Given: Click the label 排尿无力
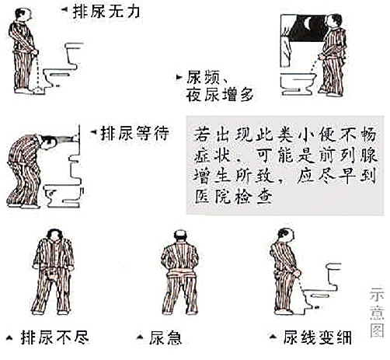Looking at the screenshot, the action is (106, 12).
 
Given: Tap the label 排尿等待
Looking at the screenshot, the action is (134, 133).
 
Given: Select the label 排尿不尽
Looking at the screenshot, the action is (54, 337).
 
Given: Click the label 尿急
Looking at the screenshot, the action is (165, 337).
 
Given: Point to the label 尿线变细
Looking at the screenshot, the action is (317, 337).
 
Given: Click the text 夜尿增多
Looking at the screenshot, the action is (220, 95).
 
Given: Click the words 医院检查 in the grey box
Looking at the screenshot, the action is (234, 197).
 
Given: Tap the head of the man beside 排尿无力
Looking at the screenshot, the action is (23, 14).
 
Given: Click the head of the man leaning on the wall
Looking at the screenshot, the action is (49, 142).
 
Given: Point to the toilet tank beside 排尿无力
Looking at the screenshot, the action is (73, 54).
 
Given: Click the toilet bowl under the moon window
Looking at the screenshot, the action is (298, 83).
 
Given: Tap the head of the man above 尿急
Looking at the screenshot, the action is (180, 236).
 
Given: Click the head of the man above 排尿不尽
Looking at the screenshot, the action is (54, 236).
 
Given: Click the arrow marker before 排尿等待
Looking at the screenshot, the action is (93, 132).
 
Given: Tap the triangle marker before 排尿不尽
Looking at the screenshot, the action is (9, 337).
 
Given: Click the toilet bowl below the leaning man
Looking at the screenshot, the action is (63, 196).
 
